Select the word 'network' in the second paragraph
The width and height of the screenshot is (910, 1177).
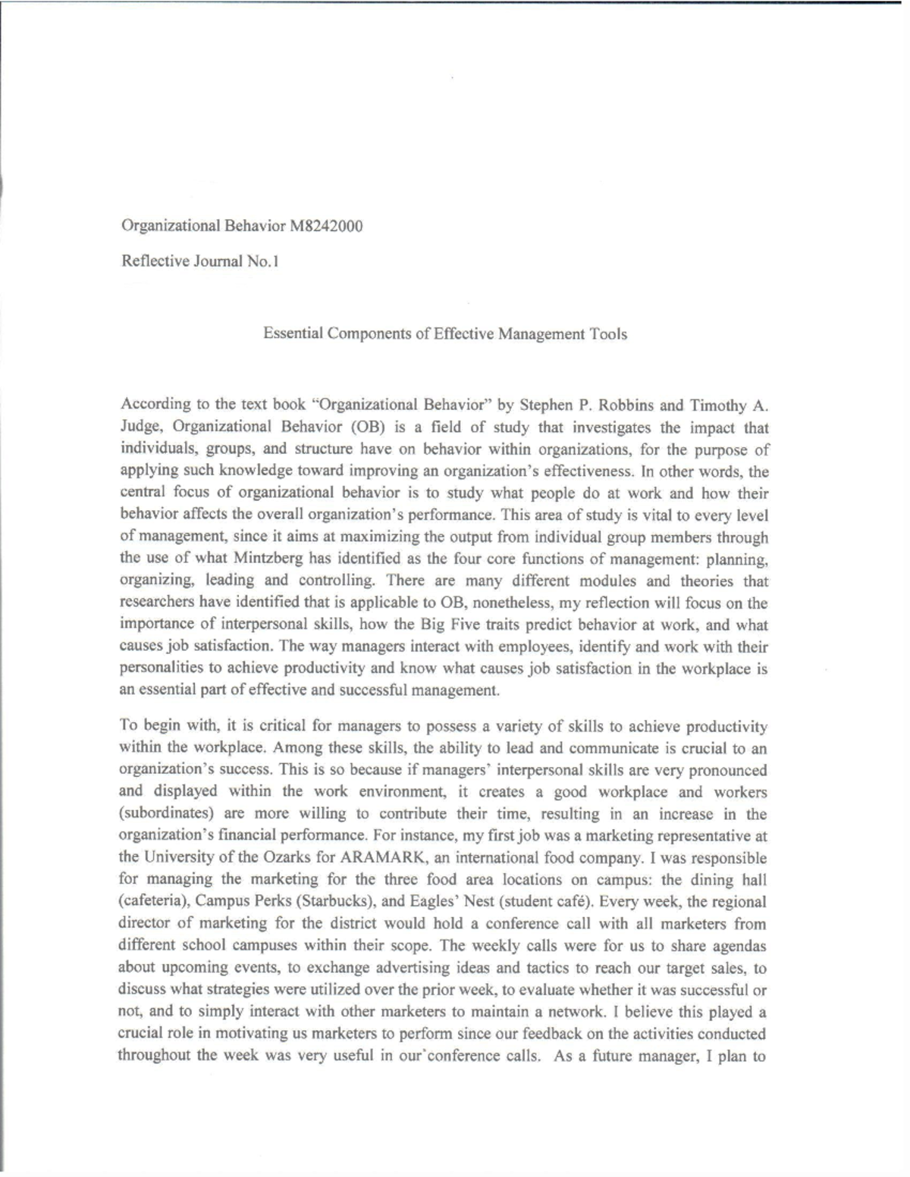click(687, 1012)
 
